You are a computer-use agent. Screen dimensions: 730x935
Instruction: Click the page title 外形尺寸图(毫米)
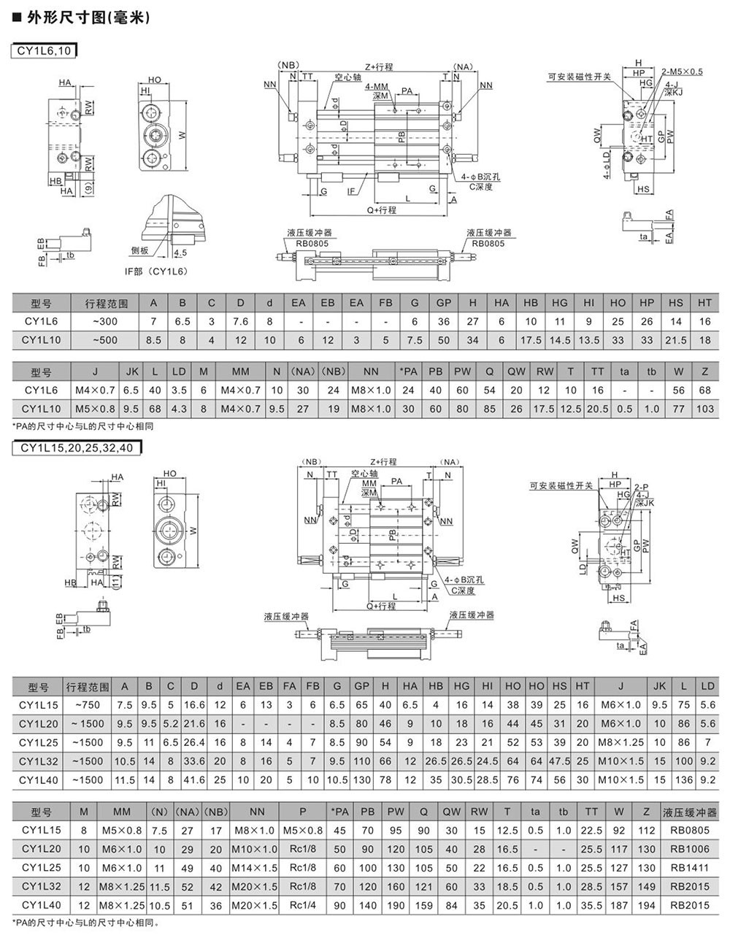[88, 18]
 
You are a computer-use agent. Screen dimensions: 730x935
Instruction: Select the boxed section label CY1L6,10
[44, 51]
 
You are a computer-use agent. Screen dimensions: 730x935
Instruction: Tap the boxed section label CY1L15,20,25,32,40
[77, 448]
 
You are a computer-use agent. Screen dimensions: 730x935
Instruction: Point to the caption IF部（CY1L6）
[156, 272]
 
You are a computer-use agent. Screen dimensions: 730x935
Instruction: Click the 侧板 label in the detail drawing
[139, 250]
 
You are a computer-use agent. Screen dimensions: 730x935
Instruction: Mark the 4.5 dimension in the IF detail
[180, 253]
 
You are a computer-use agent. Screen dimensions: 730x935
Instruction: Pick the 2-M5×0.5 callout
[682, 72]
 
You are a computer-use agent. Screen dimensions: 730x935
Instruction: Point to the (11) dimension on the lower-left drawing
[116, 582]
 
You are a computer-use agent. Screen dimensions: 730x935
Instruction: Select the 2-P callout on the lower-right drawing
[642, 487]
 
